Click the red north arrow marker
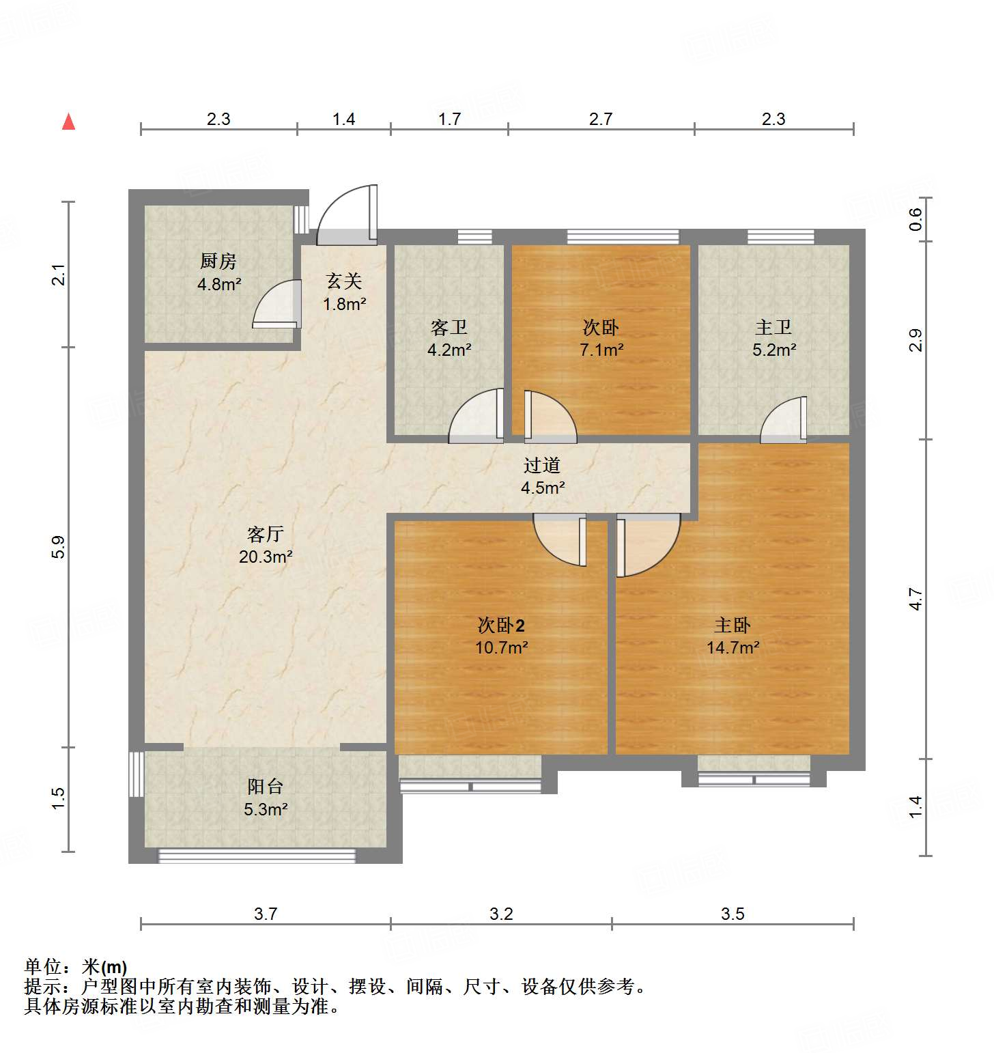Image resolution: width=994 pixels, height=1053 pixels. click(68, 122)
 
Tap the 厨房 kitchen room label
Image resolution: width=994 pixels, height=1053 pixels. click(218, 261)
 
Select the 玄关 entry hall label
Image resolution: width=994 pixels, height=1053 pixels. click(344, 281)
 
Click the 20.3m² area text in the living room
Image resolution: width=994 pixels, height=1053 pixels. click(266, 557)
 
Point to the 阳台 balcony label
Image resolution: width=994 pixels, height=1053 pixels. click(265, 787)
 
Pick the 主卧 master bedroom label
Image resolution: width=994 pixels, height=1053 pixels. click(733, 625)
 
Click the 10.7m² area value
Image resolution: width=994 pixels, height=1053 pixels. click(501, 647)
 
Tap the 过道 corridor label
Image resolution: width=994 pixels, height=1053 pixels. click(542, 466)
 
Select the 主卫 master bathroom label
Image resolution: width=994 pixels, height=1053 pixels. click(773, 327)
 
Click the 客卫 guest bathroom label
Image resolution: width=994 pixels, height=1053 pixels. click(449, 327)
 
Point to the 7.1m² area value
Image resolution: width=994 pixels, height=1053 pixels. click(601, 350)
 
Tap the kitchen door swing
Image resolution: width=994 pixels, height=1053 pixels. click(276, 304)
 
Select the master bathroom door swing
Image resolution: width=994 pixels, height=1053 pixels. click(784, 420)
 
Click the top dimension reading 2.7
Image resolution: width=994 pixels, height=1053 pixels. click(601, 120)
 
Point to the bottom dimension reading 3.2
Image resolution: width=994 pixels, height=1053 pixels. click(501, 914)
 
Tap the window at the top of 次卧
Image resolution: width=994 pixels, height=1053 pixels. click(623, 237)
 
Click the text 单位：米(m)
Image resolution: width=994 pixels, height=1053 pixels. click(76, 967)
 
